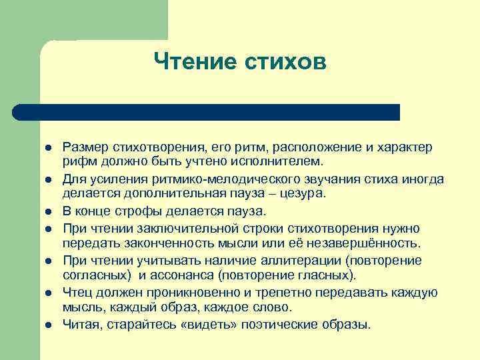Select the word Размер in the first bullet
(x=84, y=146)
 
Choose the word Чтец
(x=77, y=292)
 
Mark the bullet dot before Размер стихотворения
(x=49, y=147)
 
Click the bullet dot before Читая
(x=49, y=325)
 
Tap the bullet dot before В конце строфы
(x=49, y=211)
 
